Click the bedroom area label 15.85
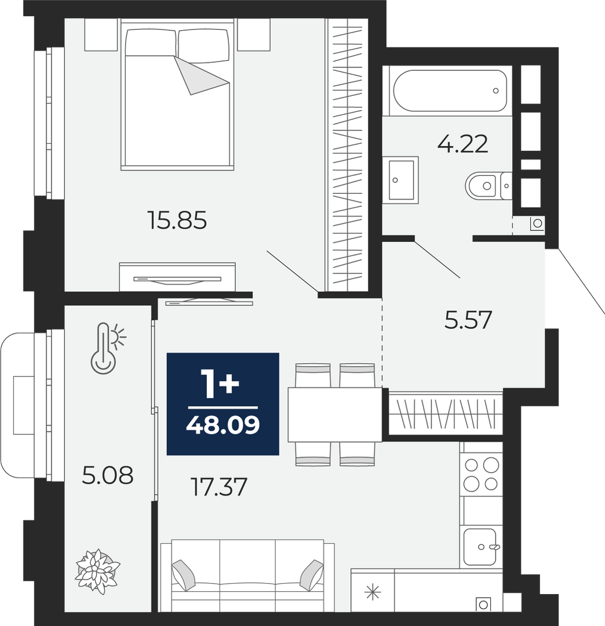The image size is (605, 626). click(x=177, y=220)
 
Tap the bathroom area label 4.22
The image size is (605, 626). click(x=462, y=144)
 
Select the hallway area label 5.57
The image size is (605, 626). click(x=468, y=320)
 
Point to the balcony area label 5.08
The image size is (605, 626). click(x=108, y=476)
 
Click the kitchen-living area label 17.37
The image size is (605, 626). click(x=220, y=487)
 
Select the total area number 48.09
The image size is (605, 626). click(x=223, y=425)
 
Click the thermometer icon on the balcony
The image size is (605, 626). click(x=106, y=348)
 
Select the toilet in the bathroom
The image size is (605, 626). click(x=489, y=186)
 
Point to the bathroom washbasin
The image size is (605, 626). click(x=400, y=180)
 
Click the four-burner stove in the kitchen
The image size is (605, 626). click(x=481, y=475)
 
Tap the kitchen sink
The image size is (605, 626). click(x=480, y=547)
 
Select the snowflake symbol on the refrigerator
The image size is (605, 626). click(x=373, y=592)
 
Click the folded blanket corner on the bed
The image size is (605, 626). click(x=202, y=75)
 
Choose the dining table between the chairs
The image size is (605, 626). click(x=335, y=414)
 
